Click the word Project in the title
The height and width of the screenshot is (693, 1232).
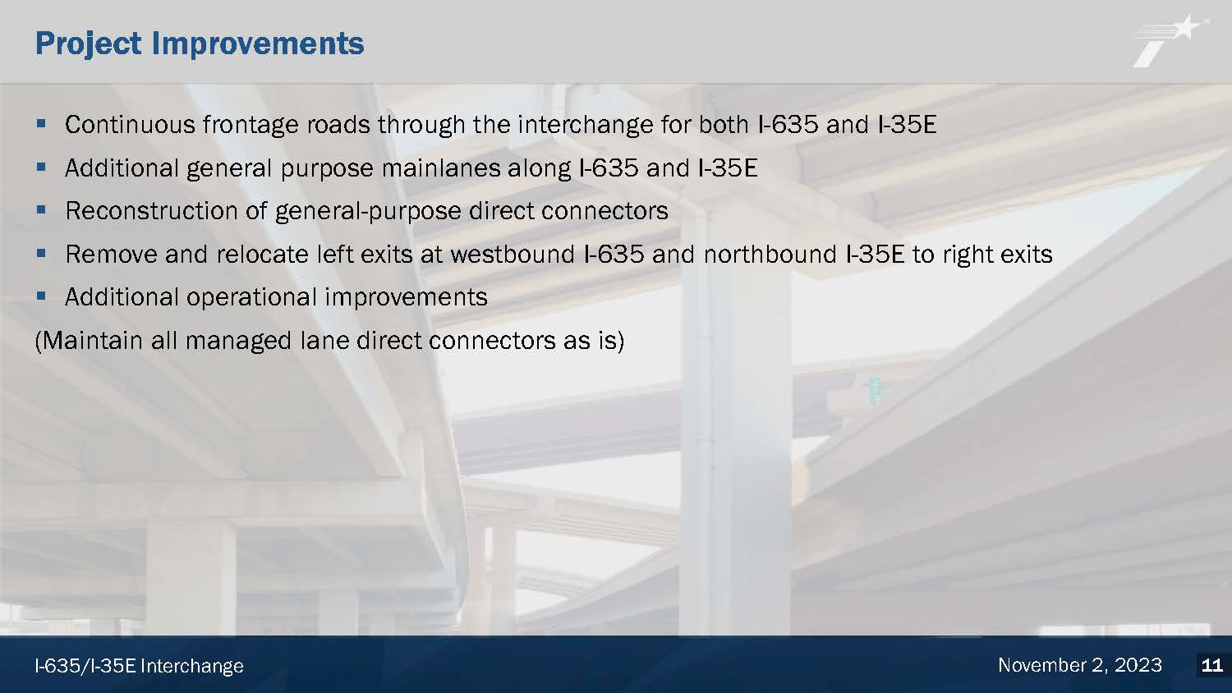click(89, 44)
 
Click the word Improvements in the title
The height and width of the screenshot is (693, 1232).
click(258, 44)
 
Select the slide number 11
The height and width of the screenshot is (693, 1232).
click(1211, 666)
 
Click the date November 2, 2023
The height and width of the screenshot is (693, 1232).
click(1080, 666)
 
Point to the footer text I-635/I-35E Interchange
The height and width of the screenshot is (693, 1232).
click(139, 666)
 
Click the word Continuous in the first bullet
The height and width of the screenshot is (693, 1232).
click(130, 124)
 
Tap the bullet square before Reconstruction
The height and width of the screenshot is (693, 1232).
click(41, 209)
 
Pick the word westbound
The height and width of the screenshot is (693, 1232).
click(513, 254)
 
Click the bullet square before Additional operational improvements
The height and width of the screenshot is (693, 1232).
click(41, 296)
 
